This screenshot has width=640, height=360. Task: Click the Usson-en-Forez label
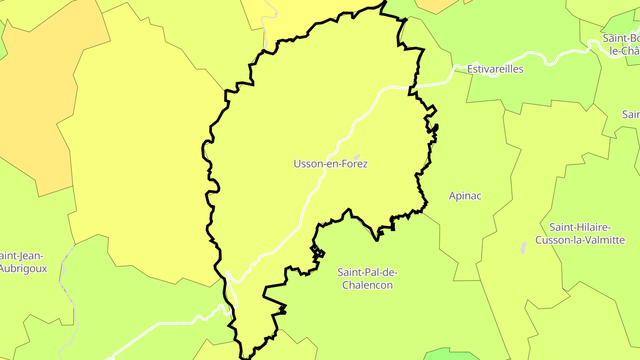(331, 164)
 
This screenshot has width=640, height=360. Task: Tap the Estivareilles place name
(495, 69)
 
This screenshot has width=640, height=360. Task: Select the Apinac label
(465, 196)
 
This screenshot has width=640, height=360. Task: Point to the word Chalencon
(367, 285)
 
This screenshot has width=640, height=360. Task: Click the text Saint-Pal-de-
(367, 272)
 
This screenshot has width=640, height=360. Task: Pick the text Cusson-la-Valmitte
(580, 240)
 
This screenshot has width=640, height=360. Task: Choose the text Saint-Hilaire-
(580, 228)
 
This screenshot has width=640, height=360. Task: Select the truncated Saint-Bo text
(621, 38)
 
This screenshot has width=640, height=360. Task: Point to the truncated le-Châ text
(624, 51)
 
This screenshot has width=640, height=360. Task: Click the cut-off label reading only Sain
(631, 115)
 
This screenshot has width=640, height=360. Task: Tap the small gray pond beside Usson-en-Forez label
(356, 157)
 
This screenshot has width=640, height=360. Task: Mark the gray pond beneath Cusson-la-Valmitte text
(523, 248)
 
